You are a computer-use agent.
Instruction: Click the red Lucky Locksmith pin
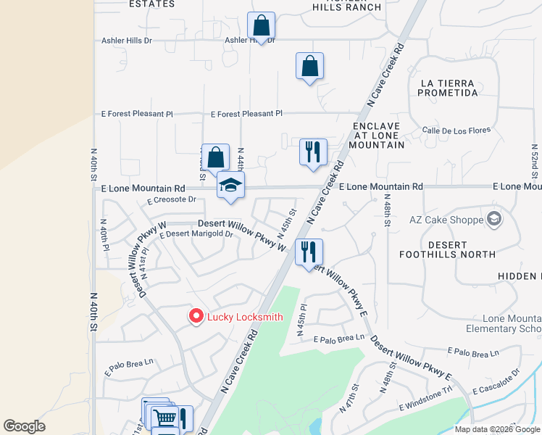(x=195, y=316)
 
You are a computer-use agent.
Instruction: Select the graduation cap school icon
(x=230, y=186)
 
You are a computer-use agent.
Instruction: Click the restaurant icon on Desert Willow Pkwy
(x=309, y=252)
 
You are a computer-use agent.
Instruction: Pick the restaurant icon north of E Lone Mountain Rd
(x=313, y=152)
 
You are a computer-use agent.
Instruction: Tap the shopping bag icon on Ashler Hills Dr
(x=261, y=26)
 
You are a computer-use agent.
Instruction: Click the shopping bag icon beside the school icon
(x=216, y=157)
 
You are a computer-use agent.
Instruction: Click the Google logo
(x=24, y=426)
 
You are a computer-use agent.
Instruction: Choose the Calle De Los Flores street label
(x=456, y=131)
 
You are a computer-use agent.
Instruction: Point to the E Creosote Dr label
(x=172, y=200)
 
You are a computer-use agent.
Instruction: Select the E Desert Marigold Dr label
(x=196, y=234)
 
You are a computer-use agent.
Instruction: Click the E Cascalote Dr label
(x=496, y=382)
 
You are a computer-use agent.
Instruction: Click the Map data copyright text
(x=496, y=428)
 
